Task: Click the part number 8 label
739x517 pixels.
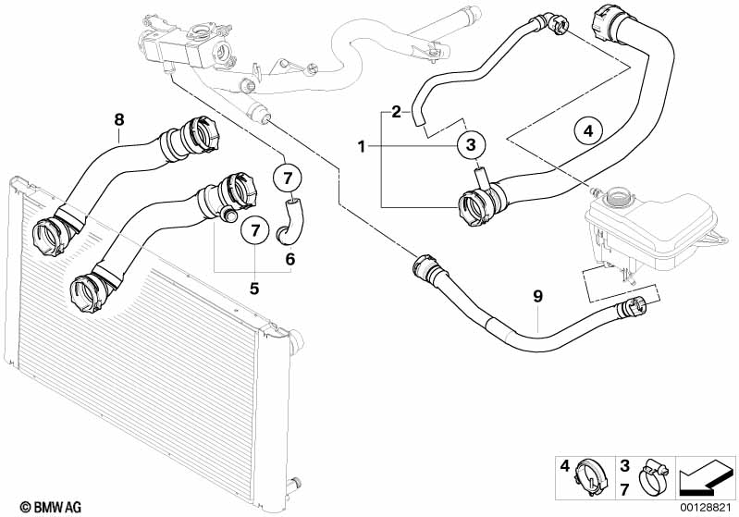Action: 119,119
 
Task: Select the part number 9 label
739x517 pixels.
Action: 537,297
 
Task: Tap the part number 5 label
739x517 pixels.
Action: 254,288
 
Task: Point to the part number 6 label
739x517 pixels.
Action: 290,259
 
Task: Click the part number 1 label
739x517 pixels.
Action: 362,147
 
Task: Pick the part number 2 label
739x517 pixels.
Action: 396,112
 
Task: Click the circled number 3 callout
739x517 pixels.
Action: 471,145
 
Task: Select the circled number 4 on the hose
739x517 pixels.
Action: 588,131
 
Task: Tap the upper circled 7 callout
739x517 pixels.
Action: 288,178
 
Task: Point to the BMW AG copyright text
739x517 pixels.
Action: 51,507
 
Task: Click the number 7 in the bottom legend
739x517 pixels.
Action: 624,489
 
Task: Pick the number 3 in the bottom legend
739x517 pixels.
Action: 624,466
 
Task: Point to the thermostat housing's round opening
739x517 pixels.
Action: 222,51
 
